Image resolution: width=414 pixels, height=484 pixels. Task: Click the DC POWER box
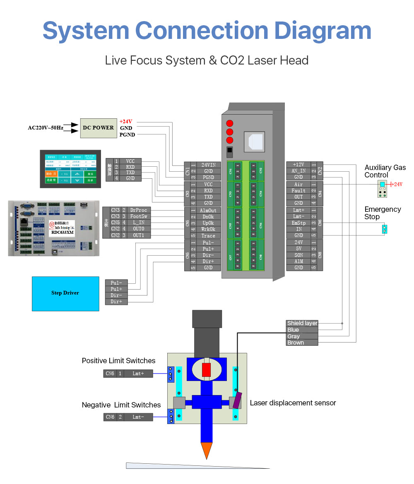click(98, 127)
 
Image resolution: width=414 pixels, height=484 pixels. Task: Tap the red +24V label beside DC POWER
click(126, 122)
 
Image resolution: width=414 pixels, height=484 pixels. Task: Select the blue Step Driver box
click(65, 293)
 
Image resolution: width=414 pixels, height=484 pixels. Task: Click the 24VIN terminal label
click(208, 165)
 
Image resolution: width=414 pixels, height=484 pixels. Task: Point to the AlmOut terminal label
click(208, 211)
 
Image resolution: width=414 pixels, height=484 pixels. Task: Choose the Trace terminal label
click(208, 236)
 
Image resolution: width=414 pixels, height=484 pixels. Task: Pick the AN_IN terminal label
click(298, 171)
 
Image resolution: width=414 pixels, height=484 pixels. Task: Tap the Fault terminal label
click(298, 191)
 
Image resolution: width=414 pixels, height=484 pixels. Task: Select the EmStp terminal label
click(298, 223)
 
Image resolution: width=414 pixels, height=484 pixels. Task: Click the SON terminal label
click(298, 255)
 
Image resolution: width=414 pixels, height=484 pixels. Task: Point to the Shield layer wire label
click(302, 323)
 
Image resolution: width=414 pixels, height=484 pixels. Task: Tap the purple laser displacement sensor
click(237, 400)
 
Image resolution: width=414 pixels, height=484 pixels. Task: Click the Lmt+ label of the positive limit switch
click(138, 374)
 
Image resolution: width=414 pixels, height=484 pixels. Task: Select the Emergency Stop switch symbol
click(384, 229)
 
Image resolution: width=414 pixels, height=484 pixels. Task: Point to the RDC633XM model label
click(63, 232)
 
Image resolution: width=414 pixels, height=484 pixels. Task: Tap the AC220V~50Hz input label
click(46, 127)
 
